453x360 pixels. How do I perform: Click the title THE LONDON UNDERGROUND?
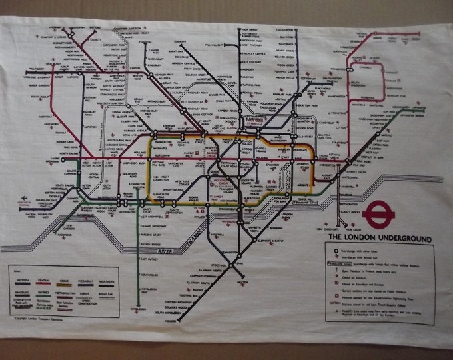click(378, 238)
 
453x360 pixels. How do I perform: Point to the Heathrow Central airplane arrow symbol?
click(25, 199)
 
